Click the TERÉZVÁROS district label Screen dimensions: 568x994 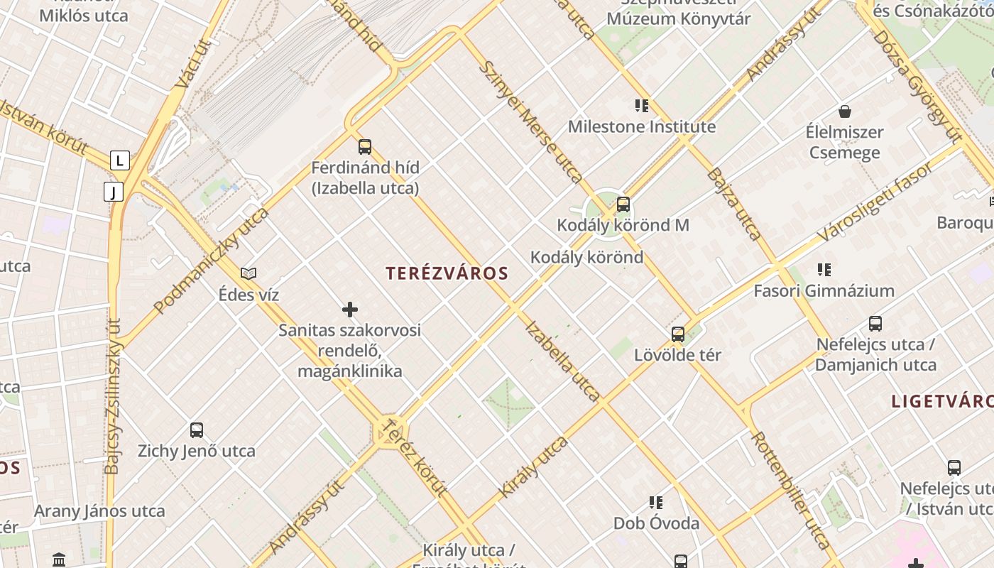(447, 273)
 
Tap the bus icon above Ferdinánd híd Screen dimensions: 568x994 (365, 147)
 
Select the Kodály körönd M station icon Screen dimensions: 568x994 (623, 204)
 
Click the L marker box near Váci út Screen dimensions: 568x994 (119, 161)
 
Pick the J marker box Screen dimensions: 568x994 (114, 191)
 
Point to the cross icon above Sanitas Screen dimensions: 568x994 (350, 310)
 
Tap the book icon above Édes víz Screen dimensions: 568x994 (248, 273)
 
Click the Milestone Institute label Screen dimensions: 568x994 (641, 127)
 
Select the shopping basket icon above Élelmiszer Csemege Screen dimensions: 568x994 (845, 111)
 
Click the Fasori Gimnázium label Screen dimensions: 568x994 (824, 290)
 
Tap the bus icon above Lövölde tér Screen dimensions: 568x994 (678, 334)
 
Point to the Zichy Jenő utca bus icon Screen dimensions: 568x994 (197, 430)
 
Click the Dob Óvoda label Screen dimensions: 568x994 (656, 523)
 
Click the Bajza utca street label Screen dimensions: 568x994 (735, 204)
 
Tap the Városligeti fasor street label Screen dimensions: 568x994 (874, 201)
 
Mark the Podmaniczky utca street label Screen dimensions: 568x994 (212, 260)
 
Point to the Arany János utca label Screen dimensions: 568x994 (99, 511)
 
